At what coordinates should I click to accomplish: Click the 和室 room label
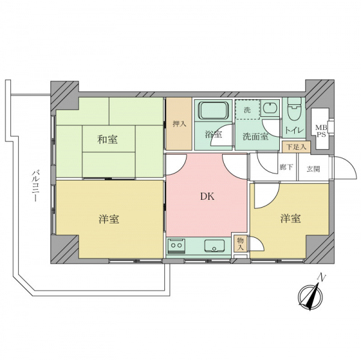pos(108,140)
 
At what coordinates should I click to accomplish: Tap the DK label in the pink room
pos(207,196)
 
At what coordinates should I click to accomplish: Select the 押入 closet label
pos(179,124)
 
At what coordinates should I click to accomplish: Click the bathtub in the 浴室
pos(214,111)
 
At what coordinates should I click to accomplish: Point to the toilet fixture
pos(294,108)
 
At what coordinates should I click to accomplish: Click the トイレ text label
pos(295,131)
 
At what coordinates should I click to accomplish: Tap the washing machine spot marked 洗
pos(247,110)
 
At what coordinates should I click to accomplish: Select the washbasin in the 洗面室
pos(270,108)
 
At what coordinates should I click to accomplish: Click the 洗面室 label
pos(256,137)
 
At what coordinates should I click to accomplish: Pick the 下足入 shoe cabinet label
pos(296,147)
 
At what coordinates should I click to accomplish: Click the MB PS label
pos(321,131)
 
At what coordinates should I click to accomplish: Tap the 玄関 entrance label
pos(313,169)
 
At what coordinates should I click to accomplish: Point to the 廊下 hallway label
pos(286,167)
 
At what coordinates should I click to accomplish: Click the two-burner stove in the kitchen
pos(176,246)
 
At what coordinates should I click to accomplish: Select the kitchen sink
pos(214,246)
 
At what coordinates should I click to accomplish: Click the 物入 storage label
pos(240,244)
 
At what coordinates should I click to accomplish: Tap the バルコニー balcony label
pos(34,186)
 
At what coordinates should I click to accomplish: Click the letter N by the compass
pos(321,278)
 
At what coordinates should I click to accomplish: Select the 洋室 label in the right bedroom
pos(291,219)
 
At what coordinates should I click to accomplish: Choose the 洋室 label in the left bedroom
pos(109,219)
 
